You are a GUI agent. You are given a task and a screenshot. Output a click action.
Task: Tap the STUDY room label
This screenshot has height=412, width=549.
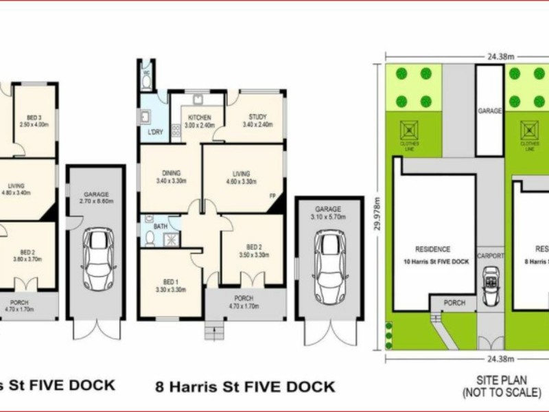point(257,117)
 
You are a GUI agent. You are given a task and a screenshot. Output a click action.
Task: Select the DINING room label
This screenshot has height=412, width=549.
point(172,173)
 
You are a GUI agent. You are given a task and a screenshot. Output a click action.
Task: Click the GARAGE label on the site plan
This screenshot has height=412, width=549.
point(490,111)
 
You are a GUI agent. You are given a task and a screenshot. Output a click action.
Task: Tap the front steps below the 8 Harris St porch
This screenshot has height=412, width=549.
point(214,332)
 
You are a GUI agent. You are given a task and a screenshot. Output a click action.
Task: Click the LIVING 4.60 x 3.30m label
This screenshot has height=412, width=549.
point(241,178)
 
